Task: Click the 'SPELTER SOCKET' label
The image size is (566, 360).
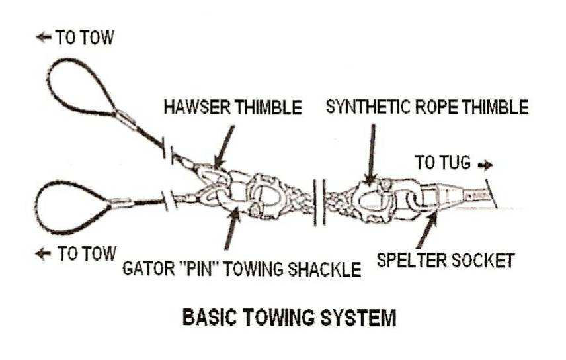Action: click(x=445, y=260)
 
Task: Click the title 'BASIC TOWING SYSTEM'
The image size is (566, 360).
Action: click(x=289, y=318)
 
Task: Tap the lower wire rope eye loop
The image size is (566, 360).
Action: click(x=73, y=207)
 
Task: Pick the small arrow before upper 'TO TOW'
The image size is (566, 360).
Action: click(x=44, y=38)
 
